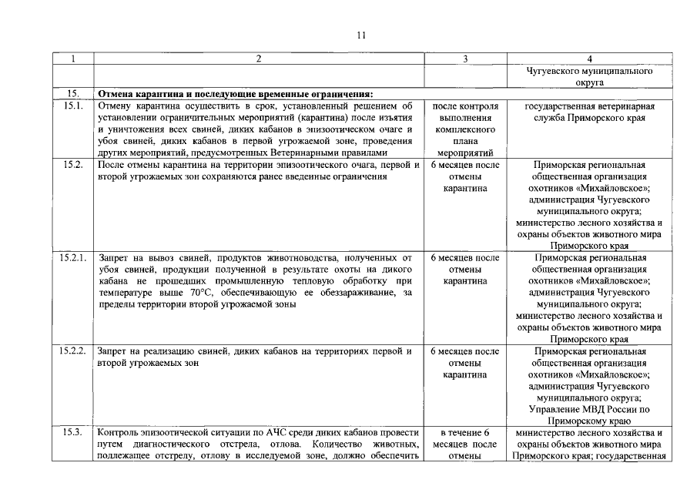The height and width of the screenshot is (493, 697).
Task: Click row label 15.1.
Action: click(x=72, y=106)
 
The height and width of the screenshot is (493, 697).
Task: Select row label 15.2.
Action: click(x=72, y=165)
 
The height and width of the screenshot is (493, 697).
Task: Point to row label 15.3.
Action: click(x=72, y=433)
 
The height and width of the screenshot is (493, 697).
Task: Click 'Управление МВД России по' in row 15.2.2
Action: click(x=589, y=410)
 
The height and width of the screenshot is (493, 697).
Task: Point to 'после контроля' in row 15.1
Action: click(x=465, y=106)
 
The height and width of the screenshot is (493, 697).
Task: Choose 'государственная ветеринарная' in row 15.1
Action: click(x=589, y=106)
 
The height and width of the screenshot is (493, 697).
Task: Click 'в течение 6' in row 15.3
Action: click(x=465, y=433)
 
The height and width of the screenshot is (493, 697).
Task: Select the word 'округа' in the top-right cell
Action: click(x=589, y=82)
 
